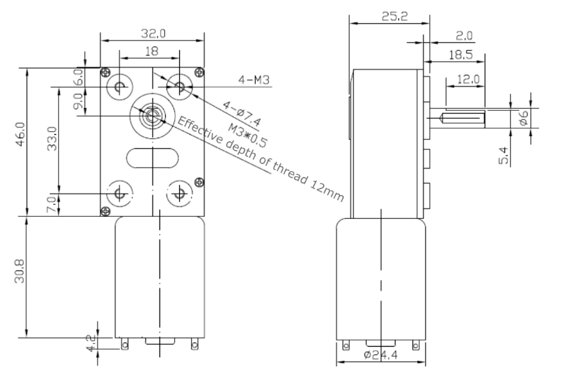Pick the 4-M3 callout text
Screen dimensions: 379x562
[254, 81]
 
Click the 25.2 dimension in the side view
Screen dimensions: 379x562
[387, 15]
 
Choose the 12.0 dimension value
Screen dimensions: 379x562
[467, 79]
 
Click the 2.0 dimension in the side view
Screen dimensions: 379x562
[464, 35]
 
